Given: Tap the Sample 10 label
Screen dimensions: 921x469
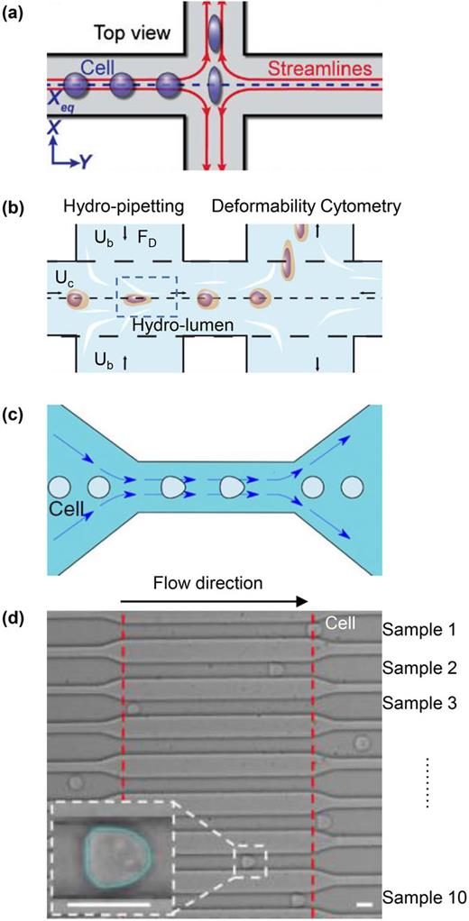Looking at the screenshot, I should coord(421,898).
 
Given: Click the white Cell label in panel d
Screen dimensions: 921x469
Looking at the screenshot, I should coord(340,623).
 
